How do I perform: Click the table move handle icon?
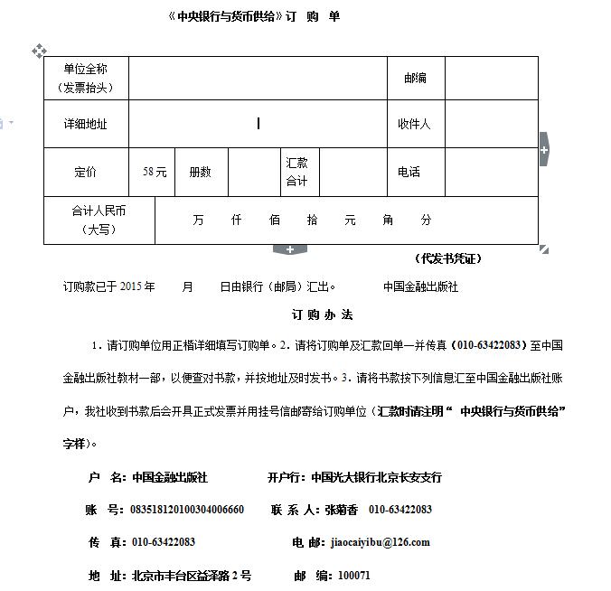click(39, 51)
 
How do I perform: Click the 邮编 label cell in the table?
click(416, 78)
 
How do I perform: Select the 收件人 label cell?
click(416, 124)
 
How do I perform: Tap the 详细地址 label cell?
click(86, 124)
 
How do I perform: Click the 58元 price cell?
click(155, 172)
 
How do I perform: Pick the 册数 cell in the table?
click(200, 172)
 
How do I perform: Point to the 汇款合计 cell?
click(297, 172)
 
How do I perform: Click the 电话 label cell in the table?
click(409, 172)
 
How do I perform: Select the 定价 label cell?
click(86, 172)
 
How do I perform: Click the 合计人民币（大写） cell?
click(99, 220)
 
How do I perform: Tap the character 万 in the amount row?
click(198, 220)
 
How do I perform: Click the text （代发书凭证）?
click(448, 258)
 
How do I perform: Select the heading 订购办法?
click(323, 315)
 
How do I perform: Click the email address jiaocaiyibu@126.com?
click(381, 542)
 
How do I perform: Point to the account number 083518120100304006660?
click(187, 510)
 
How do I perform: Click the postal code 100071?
click(353, 575)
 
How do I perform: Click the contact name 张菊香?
click(341, 510)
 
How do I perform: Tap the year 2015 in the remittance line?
click(131, 286)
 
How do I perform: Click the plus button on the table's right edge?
click(543, 149)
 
